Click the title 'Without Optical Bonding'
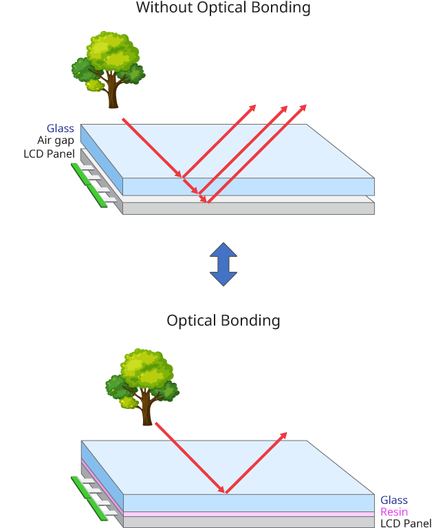pyautogui.click(x=223, y=8)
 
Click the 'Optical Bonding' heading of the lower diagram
pyautogui.click(x=223, y=320)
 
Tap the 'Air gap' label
pyautogui.click(x=56, y=140)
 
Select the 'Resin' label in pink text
pyautogui.click(x=394, y=511)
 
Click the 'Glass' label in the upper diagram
pyautogui.click(x=61, y=128)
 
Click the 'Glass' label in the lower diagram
pyautogui.click(x=394, y=500)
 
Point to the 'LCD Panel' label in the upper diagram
pyautogui.click(x=49, y=153)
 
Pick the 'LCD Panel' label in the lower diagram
pyautogui.click(x=406, y=523)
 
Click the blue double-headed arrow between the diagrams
pyautogui.click(x=223, y=264)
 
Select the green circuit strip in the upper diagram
pyautogui.click(x=89, y=184)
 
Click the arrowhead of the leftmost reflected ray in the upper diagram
pyautogui.click(x=253, y=107)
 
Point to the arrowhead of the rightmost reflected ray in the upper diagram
pyautogui.click(x=303, y=107)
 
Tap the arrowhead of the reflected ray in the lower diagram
pyautogui.click(x=284, y=435)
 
